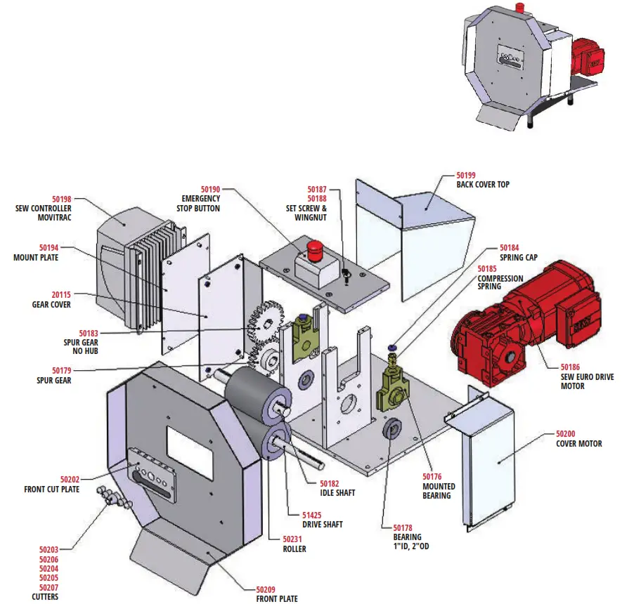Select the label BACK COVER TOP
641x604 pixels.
click(x=483, y=185)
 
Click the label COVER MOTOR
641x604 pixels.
click(x=579, y=444)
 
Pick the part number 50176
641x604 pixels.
click(x=432, y=477)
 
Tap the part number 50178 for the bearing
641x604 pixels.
click(x=403, y=527)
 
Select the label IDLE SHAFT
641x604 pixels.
click(x=337, y=493)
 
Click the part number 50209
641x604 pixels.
click(x=266, y=589)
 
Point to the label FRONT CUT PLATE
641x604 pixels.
click(x=51, y=490)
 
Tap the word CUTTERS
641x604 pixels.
click(x=45, y=597)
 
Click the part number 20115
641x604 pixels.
click(x=61, y=296)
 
